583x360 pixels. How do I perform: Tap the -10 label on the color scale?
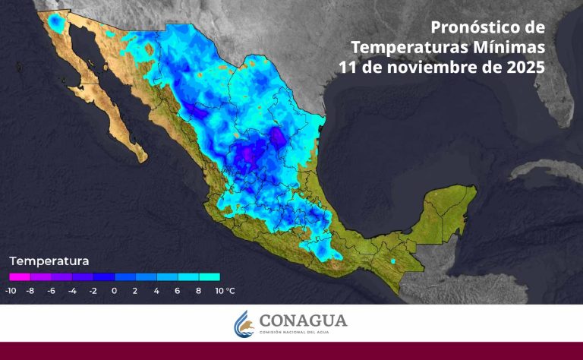pyautogui.click(x=11, y=290)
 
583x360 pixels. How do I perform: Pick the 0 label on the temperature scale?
pyautogui.click(x=114, y=290)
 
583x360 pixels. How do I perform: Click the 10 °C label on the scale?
pyautogui.click(x=225, y=290)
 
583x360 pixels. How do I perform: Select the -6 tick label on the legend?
pyautogui.click(x=51, y=290)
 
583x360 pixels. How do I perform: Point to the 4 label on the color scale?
pyautogui.click(x=156, y=290)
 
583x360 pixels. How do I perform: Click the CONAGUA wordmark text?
pyautogui.click(x=303, y=321)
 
